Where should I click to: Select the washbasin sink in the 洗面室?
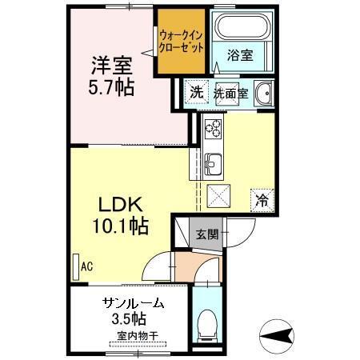click(264, 92)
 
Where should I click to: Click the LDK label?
click(117, 204)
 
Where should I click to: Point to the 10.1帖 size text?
click(117, 226)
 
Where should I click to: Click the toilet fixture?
click(209, 324)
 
